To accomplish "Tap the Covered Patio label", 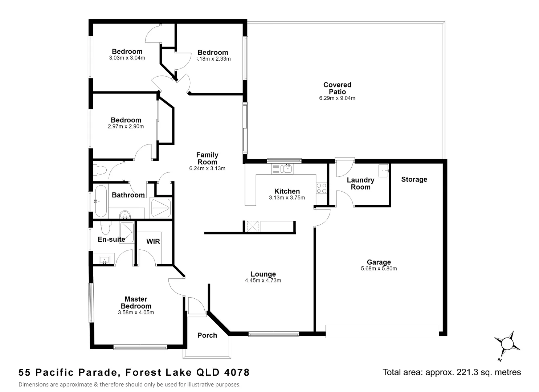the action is (337, 88).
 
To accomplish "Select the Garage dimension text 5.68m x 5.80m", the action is (379, 269).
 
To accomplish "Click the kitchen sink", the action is (287, 168).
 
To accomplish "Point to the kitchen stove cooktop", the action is (322, 188).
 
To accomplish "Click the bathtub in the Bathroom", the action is (101, 201).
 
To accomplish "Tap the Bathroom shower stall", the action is (161, 208).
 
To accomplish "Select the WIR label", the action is (153, 241).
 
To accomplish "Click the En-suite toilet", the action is (105, 228).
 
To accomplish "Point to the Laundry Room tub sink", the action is (383, 171).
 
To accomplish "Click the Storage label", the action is (414, 180).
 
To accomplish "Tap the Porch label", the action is (207, 335).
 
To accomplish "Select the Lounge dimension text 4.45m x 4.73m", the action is (263, 281).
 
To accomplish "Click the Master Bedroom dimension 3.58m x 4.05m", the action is (136, 313).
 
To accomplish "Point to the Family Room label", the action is (207, 158).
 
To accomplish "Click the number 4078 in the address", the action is (237, 372).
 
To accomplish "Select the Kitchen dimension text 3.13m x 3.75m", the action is (287, 198).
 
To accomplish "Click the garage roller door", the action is (382, 332).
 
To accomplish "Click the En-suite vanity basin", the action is (104, 260).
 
